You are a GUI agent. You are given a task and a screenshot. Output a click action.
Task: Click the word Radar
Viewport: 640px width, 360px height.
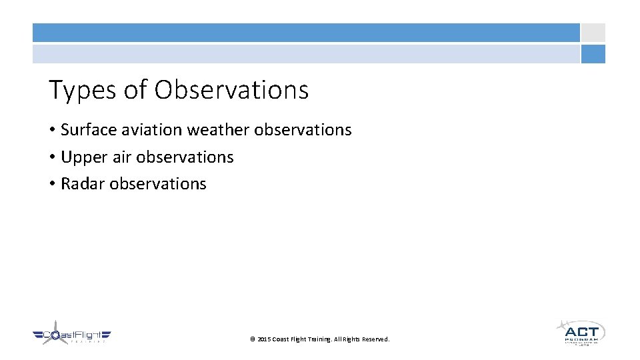coord(83,184)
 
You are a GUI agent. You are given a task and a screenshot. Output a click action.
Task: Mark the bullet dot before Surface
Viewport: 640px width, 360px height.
coord(52,131)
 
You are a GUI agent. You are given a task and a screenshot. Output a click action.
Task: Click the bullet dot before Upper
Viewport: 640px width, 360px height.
coord(52,158)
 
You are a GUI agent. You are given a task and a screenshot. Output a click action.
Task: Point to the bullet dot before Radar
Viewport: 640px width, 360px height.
coord(52,185)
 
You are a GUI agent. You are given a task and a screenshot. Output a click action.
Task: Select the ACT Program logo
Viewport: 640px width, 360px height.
coord(580,332)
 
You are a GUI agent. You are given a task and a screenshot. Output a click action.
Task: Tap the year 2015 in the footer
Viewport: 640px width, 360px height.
coord(264,339)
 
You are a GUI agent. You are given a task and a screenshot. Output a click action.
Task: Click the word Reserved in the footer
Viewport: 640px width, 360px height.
coord(373,339)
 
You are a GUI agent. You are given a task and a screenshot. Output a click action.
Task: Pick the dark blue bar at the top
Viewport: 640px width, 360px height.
coord(306,33)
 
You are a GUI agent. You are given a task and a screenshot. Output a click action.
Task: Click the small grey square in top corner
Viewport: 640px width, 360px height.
coord(593,33)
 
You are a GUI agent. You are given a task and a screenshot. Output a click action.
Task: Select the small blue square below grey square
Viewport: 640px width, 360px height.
coord(593,54)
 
